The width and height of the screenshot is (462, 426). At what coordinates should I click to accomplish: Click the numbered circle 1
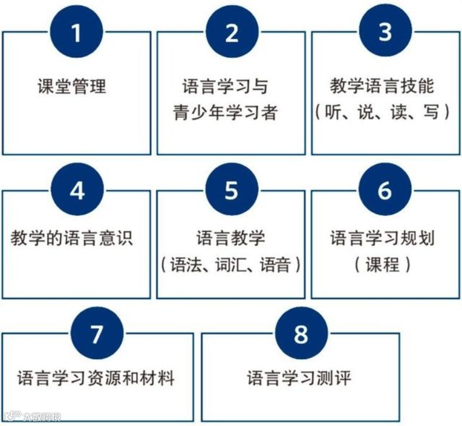[77, 33]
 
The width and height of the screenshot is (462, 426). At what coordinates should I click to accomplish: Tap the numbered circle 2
[232, 33]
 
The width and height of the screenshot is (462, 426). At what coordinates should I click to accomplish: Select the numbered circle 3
[385, 33]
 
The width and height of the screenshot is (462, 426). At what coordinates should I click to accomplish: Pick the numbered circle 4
[77, 191]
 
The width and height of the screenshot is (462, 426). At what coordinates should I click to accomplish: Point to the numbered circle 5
[232, 191]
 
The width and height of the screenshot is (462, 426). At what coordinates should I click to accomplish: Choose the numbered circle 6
[385, 191]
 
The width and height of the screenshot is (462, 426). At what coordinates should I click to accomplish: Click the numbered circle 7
[97, 334]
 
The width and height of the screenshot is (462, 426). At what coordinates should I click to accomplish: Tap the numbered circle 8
[301, 334]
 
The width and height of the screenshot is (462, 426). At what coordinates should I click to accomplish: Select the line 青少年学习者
[225, 111]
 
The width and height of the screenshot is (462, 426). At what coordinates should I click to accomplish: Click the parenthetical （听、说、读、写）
[382, 111]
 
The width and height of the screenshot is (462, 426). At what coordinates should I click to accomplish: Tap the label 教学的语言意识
[72, 238]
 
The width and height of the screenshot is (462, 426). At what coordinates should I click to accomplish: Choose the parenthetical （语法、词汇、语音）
[231, 264]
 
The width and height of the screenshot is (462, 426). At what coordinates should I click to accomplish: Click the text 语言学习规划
[382, 238]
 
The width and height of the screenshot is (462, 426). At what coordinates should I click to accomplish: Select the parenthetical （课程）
[382, 264]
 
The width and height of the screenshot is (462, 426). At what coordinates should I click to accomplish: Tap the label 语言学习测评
[299, 379]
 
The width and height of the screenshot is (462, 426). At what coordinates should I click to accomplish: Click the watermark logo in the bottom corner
[32, 416]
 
